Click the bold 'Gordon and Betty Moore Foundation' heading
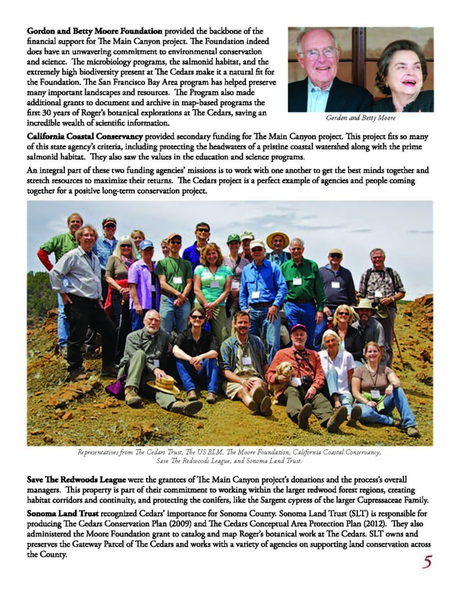coord(96,30)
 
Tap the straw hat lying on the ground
coord(163,384)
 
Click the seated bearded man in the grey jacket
coord(150,354)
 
